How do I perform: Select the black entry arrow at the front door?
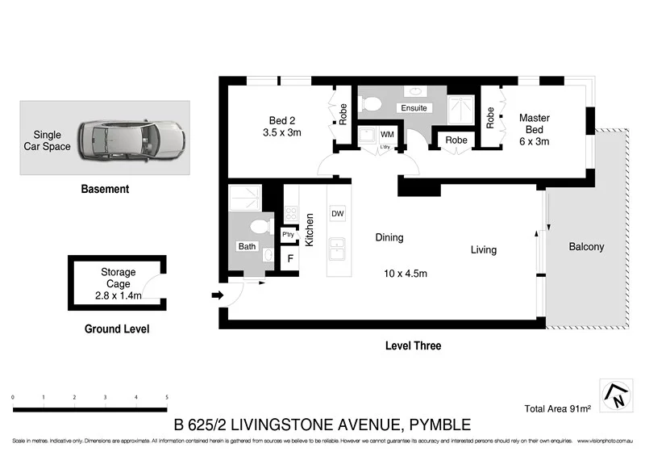(216, 295)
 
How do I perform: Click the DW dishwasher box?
(337, 213)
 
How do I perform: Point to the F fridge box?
(289, 259)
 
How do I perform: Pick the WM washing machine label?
(387, 134)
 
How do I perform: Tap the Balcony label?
(586, 247)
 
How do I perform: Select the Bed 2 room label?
(281, 125)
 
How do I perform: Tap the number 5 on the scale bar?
(166, 398)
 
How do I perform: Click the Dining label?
(389, 238)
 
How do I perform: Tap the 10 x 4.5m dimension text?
(406, 274)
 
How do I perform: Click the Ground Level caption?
(117, 329)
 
